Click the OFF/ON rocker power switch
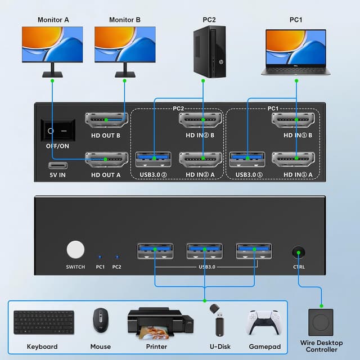pos(56,130)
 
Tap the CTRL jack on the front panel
pos(299,252)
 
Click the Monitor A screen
pos(53,45)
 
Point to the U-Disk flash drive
pos(216,321)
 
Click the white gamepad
pos(263,322)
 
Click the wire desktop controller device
pos(321,323)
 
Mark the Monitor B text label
pos(125,20)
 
